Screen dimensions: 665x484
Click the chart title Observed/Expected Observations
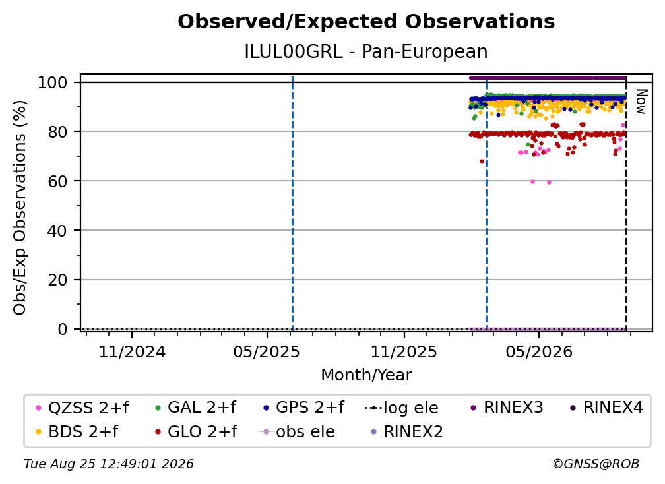(366, 22)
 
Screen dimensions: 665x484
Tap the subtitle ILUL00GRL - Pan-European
(366, 52)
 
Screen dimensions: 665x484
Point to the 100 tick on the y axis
(53, 82)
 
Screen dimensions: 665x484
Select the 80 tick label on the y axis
(57, 132)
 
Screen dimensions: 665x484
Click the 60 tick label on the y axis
(57, 181)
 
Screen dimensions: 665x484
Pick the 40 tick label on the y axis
(57, 231)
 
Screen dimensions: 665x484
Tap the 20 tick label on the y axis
(57, 280)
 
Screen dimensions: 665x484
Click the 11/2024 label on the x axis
(132, 352)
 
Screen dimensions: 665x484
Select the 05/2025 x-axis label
(267, 352)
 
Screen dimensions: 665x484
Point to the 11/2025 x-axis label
(404, 352)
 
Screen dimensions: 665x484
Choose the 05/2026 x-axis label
(538, 352)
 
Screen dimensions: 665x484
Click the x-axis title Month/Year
(366, 375)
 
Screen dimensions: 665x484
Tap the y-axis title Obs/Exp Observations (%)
(20, 208)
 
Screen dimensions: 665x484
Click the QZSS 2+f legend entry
(82, 408)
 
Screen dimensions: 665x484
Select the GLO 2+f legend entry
(197, 432)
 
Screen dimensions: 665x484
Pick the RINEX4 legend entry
(606, 408)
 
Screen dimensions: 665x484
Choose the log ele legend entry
(401, 408)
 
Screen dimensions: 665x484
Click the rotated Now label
(641, 102)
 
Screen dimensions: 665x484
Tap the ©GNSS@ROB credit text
(596, 464)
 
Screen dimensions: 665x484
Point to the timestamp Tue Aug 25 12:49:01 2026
(109, 464)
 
